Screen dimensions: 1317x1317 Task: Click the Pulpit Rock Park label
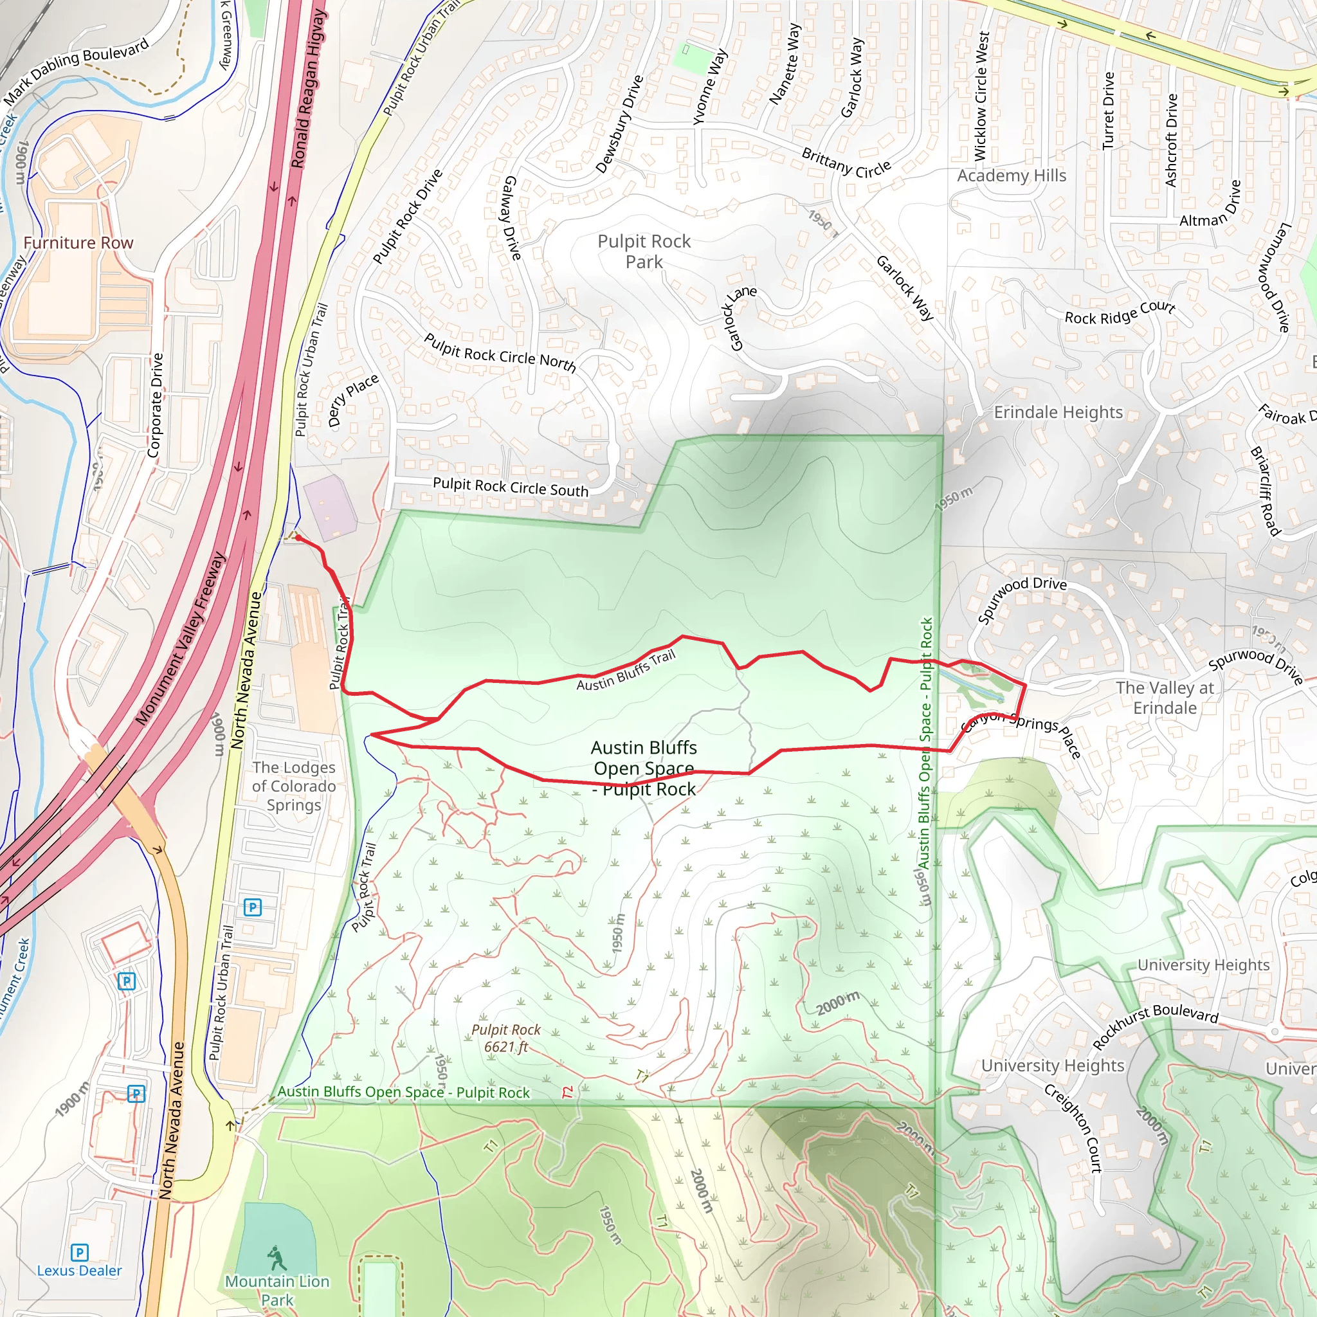644,251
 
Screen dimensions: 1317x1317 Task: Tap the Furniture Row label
78,242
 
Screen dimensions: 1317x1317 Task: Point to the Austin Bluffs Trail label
626,671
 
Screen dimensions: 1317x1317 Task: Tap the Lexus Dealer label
79,1271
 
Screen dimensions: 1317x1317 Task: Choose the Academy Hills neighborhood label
1011,176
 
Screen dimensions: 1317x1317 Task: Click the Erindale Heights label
1058,412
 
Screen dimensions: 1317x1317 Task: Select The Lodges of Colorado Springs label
294,786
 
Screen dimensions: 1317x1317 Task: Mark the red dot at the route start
298,538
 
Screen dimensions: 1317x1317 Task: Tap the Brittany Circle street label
846,162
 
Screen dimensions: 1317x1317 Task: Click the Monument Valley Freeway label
180,638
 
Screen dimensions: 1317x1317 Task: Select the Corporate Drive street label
156,405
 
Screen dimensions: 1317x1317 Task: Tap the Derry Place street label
352,400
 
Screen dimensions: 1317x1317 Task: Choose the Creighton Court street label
1073,1128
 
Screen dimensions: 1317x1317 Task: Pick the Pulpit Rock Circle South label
511,487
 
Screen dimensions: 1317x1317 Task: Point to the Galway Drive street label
512,218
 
